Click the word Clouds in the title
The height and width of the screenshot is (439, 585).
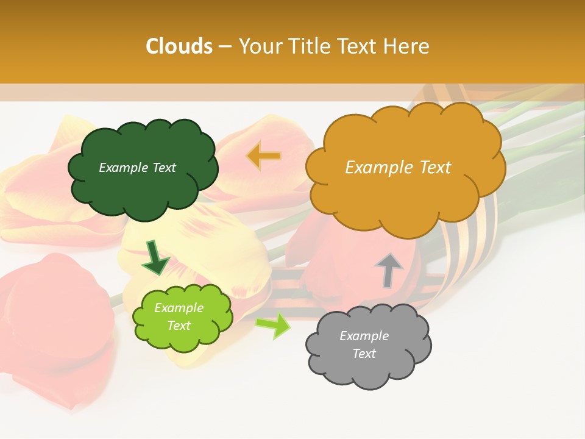[x=179, y=46]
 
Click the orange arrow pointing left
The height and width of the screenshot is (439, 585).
[x=264, y=156]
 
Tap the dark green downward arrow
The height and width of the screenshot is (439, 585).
[x=155, y=259]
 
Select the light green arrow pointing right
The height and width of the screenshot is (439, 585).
[x=273, y=326]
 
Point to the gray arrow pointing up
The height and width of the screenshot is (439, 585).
[x=389, y=270]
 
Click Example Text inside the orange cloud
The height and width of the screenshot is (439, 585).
[x=398, y=167]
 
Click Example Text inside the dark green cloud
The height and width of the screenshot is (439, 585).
[x=137, y=167]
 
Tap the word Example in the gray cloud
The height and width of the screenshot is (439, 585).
[x=364, y=336]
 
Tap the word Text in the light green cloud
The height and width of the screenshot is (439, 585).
[x=179, y=326]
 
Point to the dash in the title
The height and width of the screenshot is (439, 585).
[x=225, y=47]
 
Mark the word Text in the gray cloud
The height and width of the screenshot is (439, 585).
[x=364, y=354]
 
